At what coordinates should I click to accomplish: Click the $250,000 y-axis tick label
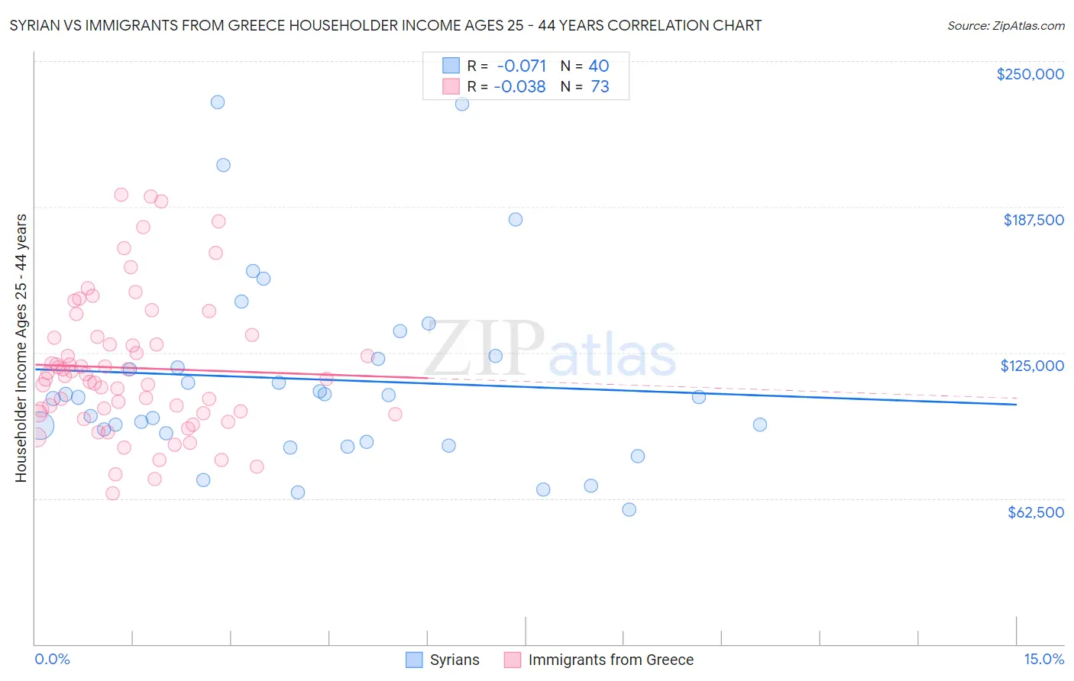coord(1030,74)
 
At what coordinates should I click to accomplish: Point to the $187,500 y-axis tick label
coord(1033,220)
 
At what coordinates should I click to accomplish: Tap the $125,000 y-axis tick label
coord(1032,366)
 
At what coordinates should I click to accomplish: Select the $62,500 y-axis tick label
coord(1035,512)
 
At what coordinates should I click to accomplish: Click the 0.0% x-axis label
coord(52,659)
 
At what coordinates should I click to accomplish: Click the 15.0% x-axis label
coord(1043,659)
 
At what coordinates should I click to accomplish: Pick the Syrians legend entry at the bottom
coord(454,660)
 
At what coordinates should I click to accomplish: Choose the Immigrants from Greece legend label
coord(610,660)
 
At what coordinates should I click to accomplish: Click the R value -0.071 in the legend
coord(521,66)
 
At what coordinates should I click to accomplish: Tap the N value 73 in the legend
coord(600,87)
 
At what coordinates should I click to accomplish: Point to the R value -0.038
coord(519,87)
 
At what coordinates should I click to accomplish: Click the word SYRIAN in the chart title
coord(35,25)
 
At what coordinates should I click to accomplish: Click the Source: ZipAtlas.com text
coord(1005,25)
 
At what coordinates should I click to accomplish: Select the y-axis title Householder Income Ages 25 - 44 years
coord(21,348)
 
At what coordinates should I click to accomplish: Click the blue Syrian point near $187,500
coord(516,219)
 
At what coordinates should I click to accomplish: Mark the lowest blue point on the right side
coord(629,509)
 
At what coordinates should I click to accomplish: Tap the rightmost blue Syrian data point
coord(759,424)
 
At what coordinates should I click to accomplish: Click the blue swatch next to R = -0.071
coord(451,66)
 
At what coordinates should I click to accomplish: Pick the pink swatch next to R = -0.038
coord(451,87)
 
